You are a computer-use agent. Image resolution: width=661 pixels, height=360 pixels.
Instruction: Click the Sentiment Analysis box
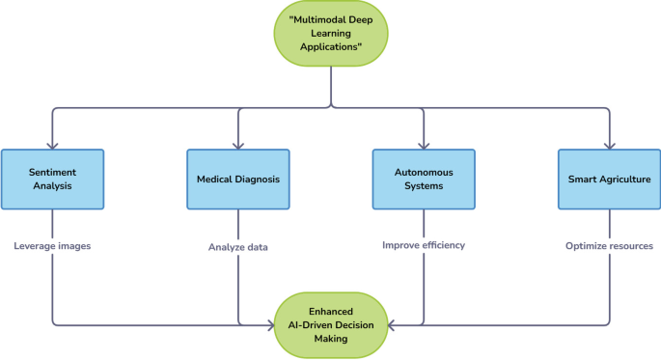coord(52,179)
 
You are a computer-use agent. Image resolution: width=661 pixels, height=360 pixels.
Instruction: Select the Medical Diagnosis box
coord(237,179)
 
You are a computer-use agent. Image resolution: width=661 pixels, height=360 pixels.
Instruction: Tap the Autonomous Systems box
coord(424,179)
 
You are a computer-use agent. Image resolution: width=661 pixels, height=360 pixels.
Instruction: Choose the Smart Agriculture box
coord(610,179)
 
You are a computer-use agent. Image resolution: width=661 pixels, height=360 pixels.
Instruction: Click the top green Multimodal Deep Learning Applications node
coord(331,33)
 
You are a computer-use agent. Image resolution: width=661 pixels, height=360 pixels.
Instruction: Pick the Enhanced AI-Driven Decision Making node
coord(331,324)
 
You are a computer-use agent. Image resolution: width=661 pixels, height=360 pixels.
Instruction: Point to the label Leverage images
coord(52,246)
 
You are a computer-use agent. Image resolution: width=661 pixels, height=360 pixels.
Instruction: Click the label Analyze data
coord(237,247)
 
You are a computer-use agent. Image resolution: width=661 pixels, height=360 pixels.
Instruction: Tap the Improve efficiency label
coord(424,245)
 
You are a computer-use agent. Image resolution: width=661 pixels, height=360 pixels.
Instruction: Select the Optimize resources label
coord(610,246)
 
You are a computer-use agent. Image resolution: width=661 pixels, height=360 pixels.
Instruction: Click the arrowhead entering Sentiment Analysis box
coord(52,145)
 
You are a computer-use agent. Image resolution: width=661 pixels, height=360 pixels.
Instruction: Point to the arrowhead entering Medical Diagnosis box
coord(237,145)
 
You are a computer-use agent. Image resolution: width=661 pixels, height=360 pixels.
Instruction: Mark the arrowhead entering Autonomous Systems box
coord(424,145)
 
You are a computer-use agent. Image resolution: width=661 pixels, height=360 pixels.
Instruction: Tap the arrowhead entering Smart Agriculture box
coord(610,145)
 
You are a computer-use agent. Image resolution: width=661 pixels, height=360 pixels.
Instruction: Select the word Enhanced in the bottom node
coord(331,311)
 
